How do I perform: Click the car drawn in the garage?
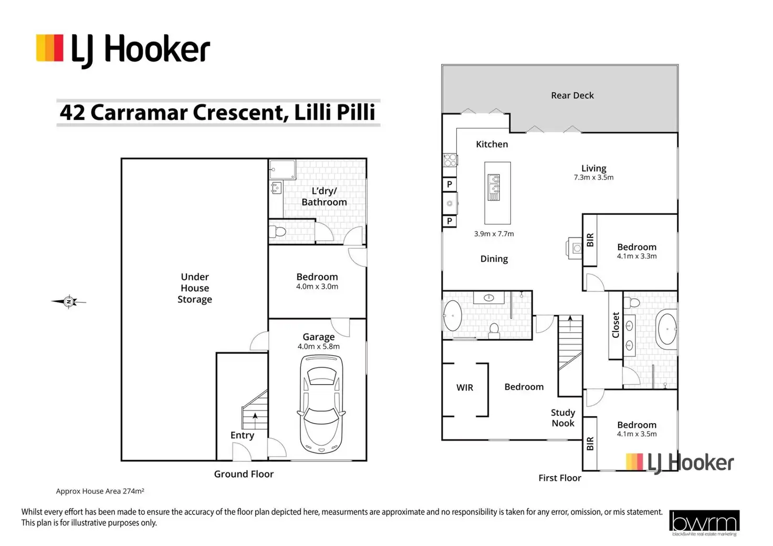point(321,404)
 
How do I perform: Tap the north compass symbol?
point(69,302)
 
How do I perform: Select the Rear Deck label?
point(572,95)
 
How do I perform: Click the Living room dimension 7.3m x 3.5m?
point(593,178)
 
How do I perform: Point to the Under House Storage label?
point(195,288)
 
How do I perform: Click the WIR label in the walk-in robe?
point(465,387)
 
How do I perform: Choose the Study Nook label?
point(563,418)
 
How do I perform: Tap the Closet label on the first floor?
point(615,325)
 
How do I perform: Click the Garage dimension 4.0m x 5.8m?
point(319,346)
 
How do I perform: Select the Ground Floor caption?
point(244,474)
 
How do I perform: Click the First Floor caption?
point(560,478)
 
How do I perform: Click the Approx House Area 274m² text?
point(100,491)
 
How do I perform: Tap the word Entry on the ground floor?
point(242,436)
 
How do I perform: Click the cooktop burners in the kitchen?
point(450,160)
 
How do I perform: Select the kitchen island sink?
point(494,188)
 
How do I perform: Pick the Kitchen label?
point(492,145)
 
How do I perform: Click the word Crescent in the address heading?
point(241,112)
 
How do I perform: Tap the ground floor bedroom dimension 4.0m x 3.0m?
point(317,286)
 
